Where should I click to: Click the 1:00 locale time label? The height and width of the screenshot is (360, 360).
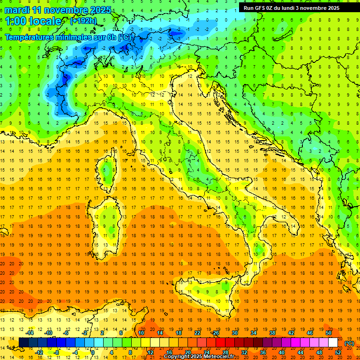tap(33, 21)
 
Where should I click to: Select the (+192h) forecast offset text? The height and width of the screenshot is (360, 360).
tap(83, 21)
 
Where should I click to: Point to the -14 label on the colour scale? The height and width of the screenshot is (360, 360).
tap(30, 333)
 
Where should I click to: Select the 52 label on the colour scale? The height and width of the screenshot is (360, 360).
tap(338, 352)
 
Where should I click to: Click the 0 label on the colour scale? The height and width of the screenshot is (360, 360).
tap(93, 352)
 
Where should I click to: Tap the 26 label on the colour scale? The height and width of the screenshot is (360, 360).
tap(216, 333)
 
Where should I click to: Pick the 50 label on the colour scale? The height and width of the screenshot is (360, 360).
tap(329, 333)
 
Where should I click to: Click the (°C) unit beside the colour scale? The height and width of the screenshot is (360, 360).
tap(349, 343)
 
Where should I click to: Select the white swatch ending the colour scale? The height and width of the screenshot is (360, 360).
tap(333, 343)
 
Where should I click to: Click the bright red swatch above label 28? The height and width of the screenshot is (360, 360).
tap(225, 343)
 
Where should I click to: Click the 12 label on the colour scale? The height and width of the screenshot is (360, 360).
tap(150, 352)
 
